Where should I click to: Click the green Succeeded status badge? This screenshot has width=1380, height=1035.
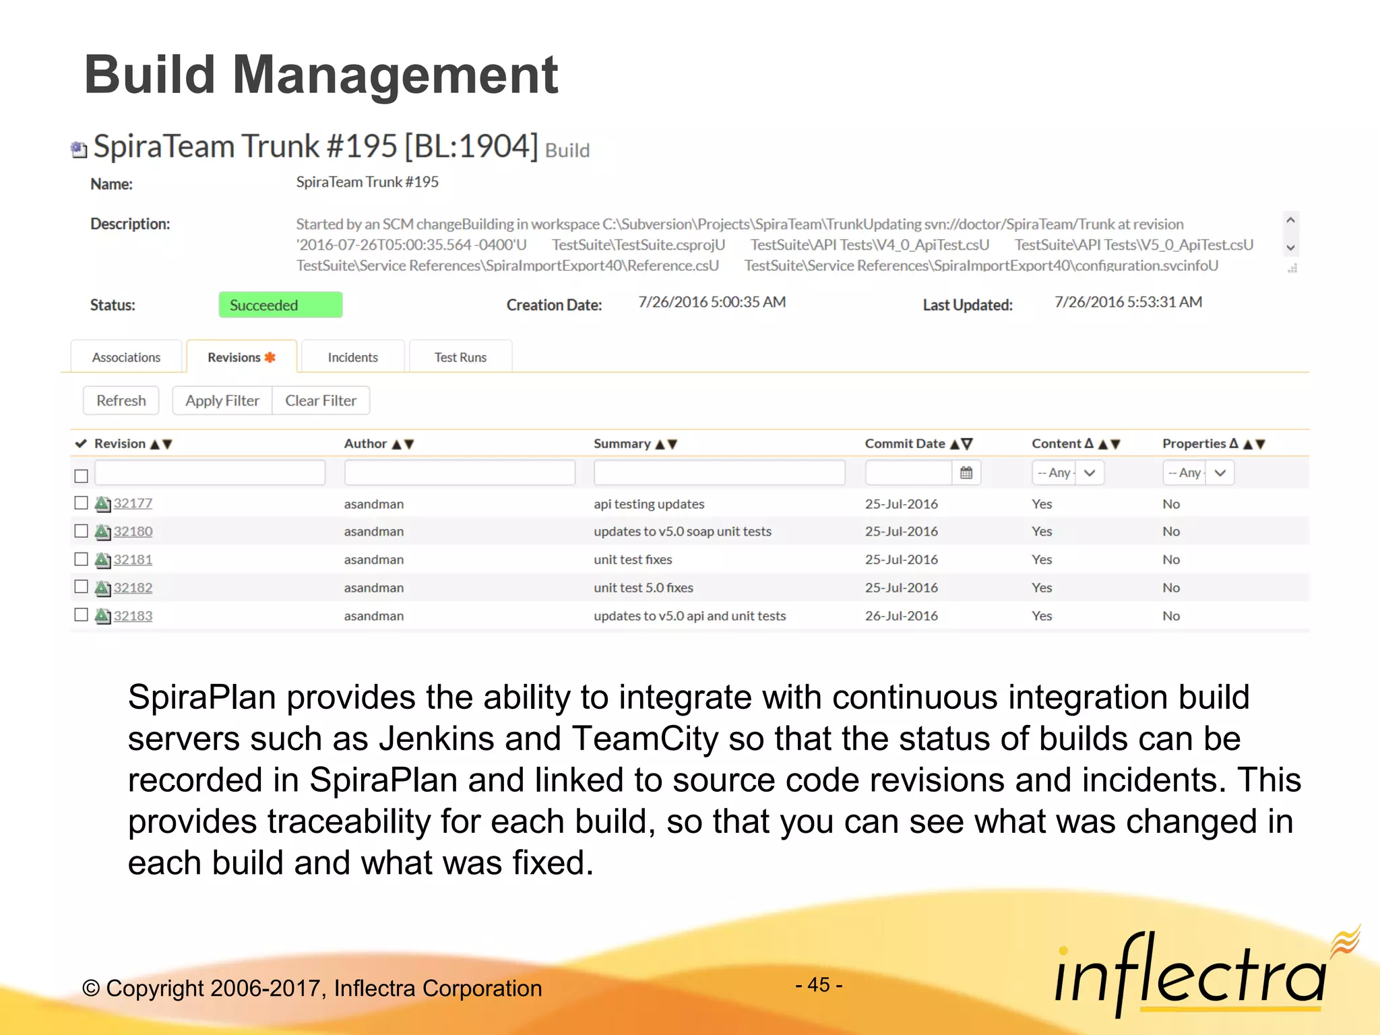click(280, 305)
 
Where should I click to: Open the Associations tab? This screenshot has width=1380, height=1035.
click(126, 357)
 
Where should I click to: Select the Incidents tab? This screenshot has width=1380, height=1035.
click(352, 357)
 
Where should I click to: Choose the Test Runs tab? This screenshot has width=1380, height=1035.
click(460, 357)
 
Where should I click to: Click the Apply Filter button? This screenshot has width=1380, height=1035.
click(222, 400)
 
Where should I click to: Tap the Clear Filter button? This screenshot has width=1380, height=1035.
click(321, 400)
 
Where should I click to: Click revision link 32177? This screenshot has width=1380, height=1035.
click(133, 503)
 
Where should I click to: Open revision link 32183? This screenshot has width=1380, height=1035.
click(133, 616)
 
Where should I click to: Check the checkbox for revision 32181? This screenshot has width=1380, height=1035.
click(82, 559)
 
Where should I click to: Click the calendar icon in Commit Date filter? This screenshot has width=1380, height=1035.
click(966, 473)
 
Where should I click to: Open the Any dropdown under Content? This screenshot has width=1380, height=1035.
click(1067, 473)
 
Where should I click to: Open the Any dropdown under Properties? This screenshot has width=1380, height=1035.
click(1197, 473)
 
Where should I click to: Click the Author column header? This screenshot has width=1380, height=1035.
click(366, 443)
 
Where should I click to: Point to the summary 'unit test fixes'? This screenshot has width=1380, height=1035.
click(633, 559)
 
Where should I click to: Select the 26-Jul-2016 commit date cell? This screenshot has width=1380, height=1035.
click(901, 616)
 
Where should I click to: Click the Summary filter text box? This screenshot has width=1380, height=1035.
click(719, 473)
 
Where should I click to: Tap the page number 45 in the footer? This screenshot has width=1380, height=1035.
click(819, 984)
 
